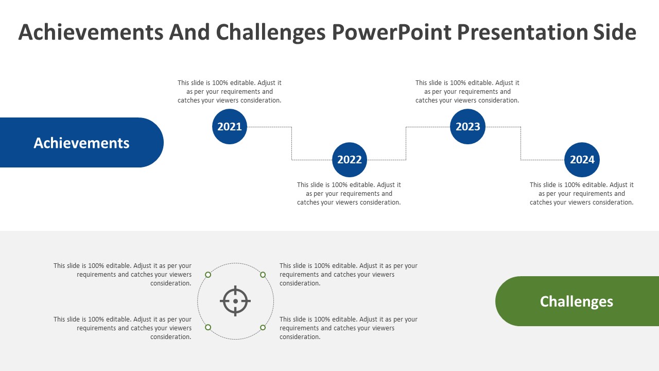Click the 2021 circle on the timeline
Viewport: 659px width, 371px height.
[x=230, y=127]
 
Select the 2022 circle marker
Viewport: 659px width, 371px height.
[x=350, y=160]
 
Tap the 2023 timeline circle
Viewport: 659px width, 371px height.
[x=468, y=127]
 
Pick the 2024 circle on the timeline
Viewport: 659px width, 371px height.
[x=582, y=160]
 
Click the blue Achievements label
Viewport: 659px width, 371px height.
[x=81, y=143]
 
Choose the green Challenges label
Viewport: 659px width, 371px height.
[x=577, y=301]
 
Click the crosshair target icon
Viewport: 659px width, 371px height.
[x=235, y=301]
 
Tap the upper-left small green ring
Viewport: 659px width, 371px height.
[x=208, y=275]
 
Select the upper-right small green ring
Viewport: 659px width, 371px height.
[x=263, y=275]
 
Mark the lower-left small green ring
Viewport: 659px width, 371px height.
[x=208, y=327]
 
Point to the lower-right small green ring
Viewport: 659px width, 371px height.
[x=263, y=327]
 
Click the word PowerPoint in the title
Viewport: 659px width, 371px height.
[x=392, y=32]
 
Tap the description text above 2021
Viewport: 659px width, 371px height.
[x=230, y=92]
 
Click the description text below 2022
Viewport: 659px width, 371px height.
[x=349, y=193]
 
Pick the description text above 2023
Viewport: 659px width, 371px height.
[x=467, y=92]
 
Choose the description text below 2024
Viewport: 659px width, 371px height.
[x=582, y=193]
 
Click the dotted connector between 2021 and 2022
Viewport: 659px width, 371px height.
[x=292, y=143]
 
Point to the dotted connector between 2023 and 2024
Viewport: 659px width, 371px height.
[x=521, y=143]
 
